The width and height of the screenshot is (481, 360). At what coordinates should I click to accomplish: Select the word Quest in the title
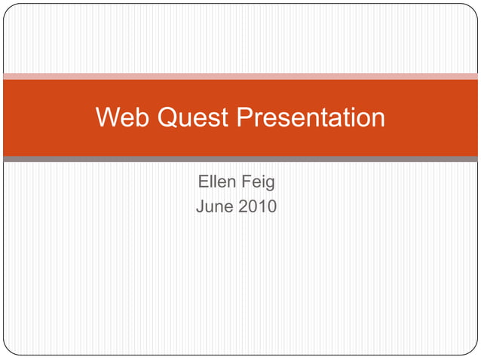tap(192, 117)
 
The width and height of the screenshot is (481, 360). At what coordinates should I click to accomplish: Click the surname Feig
tap(259, 182)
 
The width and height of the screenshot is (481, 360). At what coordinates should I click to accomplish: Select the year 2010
tap(257, 205)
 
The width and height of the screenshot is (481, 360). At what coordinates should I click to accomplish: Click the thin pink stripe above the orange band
tap(240, 76)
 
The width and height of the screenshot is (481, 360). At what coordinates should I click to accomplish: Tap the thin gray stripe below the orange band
tap(240, 159)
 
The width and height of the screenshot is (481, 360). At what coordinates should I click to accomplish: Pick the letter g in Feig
tap(269, 183)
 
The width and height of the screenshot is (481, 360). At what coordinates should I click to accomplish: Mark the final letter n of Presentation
tap(377, 119)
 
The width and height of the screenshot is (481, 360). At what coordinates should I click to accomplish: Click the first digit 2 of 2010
tap(243, 205)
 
